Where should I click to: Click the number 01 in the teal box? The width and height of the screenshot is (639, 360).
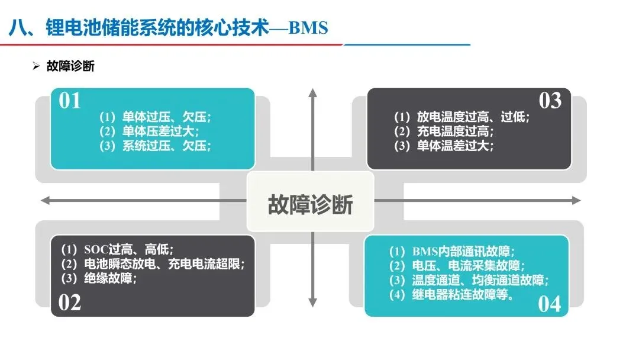point(70,101)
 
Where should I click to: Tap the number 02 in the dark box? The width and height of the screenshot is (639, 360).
point(70,303)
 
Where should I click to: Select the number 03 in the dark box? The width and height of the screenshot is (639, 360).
point(550,101)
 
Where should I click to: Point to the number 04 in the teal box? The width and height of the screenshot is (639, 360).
point(549,304)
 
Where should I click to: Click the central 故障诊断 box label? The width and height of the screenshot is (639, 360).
point(311,204)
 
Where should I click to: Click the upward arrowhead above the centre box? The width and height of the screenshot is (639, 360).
point(313,92)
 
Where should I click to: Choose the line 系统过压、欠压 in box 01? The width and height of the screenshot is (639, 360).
point(155,146)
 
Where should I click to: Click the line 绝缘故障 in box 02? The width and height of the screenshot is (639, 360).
point(99,278)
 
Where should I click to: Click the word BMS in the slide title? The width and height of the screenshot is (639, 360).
point(308,28)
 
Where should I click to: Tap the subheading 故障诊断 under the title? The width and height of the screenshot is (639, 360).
point(70,66)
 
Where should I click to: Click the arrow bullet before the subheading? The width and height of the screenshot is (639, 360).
point(36,66)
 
